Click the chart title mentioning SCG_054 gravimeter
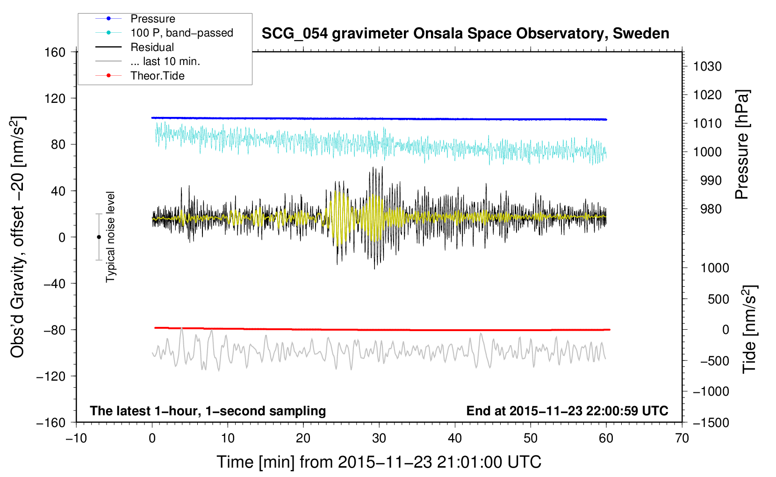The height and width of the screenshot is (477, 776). coord(465,34)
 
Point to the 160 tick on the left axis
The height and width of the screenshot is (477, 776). coord(55,52)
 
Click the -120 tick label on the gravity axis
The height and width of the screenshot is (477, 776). coord(51,376)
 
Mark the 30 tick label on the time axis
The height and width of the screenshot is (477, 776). coord(379,438)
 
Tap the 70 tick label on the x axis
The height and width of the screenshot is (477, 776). coord(682,438)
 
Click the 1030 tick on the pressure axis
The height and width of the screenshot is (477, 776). coord(707,66)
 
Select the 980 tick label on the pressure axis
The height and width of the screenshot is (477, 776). coord(711,209)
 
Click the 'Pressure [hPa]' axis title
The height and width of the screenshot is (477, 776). coord(742,145)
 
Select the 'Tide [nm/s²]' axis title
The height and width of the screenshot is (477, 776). coord(749,329)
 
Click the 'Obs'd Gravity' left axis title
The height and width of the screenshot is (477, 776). coord(17,237)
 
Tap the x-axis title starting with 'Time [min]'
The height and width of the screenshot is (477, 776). coord(379,462)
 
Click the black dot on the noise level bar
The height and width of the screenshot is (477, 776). coord(99,237)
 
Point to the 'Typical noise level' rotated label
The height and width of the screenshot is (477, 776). coord(110,237)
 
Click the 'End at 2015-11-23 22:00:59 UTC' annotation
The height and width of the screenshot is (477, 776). coord(567,411)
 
